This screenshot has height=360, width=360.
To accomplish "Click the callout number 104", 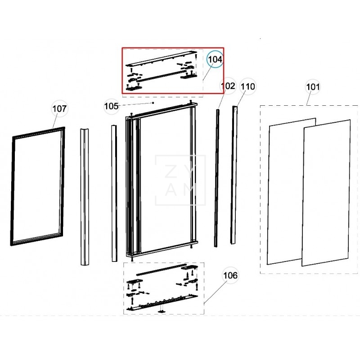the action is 215,59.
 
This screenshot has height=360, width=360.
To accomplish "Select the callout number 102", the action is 228,86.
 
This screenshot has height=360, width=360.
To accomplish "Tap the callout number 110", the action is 248,86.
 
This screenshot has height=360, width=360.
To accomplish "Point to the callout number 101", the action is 313,87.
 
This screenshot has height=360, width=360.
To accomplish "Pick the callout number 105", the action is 111,106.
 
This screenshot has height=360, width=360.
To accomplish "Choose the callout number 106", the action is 230,275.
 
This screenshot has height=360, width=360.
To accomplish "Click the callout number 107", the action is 59,108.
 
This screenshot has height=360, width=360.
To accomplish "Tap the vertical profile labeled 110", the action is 234,175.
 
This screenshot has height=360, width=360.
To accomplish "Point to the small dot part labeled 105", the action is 153,103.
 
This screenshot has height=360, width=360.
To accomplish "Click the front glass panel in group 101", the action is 326,193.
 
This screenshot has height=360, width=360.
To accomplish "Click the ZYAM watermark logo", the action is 180,180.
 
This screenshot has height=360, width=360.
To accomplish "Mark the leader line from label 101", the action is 309,98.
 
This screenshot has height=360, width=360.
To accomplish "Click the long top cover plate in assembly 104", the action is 161,59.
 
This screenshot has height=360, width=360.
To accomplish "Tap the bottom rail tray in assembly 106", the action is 162,302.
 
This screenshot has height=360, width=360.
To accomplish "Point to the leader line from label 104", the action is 208,72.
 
